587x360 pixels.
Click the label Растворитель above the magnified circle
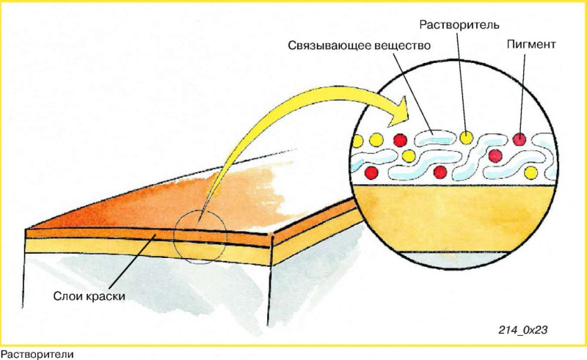pyautogui.click(x=459, y=25)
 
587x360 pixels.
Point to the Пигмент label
pyautogui.click(x=531, y=44)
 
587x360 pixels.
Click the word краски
pyautogui.click(x=106, y=296)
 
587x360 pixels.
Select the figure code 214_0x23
pyautogui.click(x=523, y=330)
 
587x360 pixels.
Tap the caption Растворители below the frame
pyautogui.click(x=37, y=354)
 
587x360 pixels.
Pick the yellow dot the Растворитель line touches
pyautogui.click(x=466, y=138)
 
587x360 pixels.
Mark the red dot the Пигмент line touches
pyautogui.click(x=519, y=139)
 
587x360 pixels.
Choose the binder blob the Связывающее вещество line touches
pyautogui.click(x=435, y=137)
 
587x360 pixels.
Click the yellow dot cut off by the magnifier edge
pyautogui.click(x=358, y=141)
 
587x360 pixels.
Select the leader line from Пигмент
pyautogui.click(x=522, y=93)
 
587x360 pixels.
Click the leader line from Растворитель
pyautogui.click(x=462, y=82)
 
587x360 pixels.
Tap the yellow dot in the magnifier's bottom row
pyautogui.click(x=531, y=172)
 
